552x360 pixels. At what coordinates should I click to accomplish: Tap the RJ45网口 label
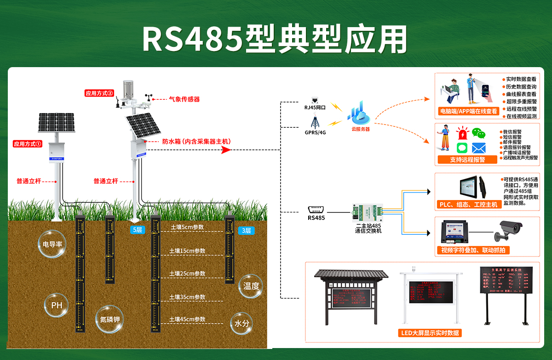pos(315,107)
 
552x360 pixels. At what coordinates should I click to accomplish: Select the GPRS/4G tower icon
pos(315,122)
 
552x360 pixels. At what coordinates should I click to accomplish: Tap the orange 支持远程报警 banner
pos(467,160)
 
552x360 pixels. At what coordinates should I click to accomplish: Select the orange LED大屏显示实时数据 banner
pos(430,333)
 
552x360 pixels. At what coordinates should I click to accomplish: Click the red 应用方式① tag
pos(28,144)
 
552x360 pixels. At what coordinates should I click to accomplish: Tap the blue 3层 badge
pos(246,230)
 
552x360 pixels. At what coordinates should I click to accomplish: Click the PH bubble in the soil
pos(56,305)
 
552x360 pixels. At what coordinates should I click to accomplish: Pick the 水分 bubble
pos(241,323)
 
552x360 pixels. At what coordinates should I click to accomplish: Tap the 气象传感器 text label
pos(184,99)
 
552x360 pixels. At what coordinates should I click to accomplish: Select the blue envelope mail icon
pos(479,148)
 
